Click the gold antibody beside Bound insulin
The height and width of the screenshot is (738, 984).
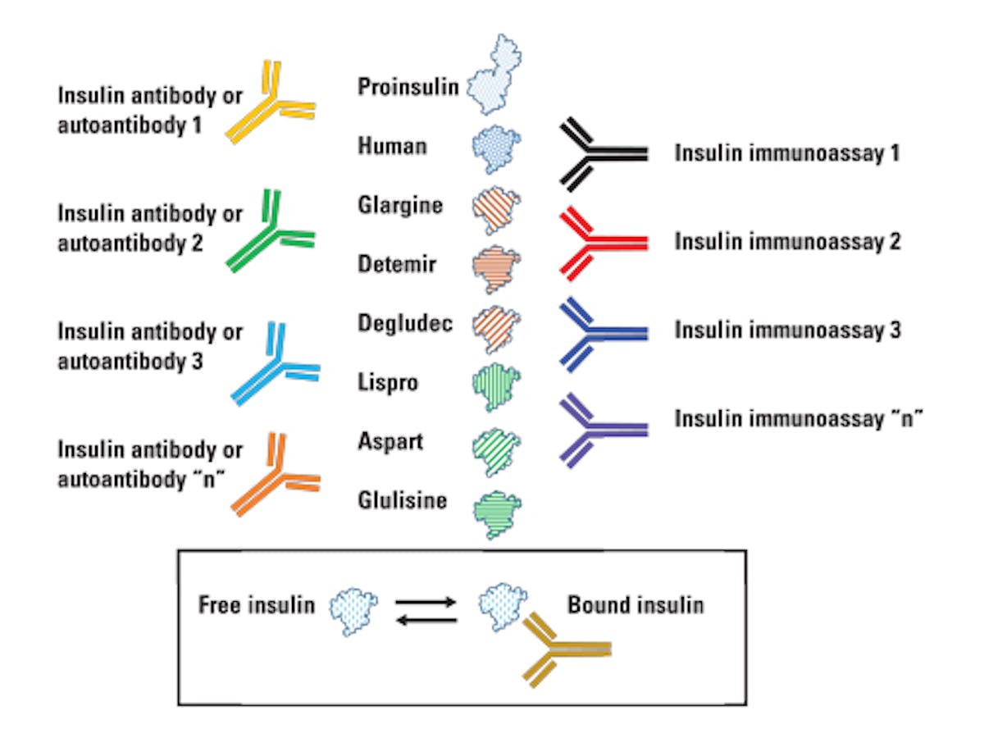[562, 648]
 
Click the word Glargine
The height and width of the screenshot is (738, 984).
[400, 205]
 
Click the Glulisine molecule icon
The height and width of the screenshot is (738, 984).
[497, 512]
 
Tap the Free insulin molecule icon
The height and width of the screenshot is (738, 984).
[353, 606]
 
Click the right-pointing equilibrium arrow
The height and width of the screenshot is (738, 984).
[426, 601]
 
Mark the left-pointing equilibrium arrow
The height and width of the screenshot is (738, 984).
[426, 620]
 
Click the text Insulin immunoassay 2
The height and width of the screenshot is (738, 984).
[787, 242]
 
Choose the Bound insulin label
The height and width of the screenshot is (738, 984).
[635, 605]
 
